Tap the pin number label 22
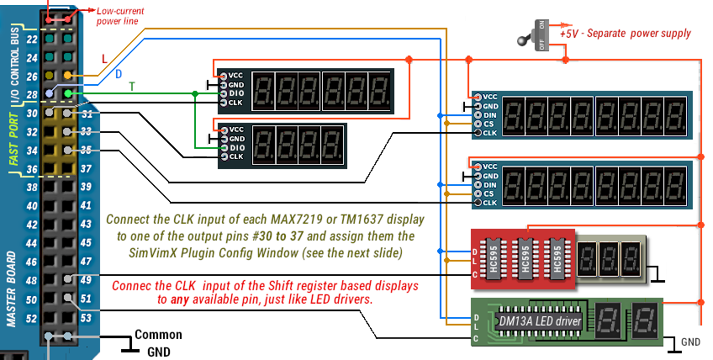tap(32, 40)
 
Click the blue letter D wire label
tap(119, 74)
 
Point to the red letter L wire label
tap(104, 59)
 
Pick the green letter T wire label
tap(131, 87)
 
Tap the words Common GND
tap(157, 341)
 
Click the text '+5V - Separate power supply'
tap(637, 34)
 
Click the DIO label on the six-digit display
tap(236, 93)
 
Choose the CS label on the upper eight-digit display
tap(489, 124)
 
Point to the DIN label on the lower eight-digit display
tap(490, 184)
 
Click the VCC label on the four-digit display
tap(236, 129)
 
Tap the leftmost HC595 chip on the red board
tap(494, 257)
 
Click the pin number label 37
tap(86, 169)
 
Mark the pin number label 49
tap(86, 280)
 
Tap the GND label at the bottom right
tap(690, 342)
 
